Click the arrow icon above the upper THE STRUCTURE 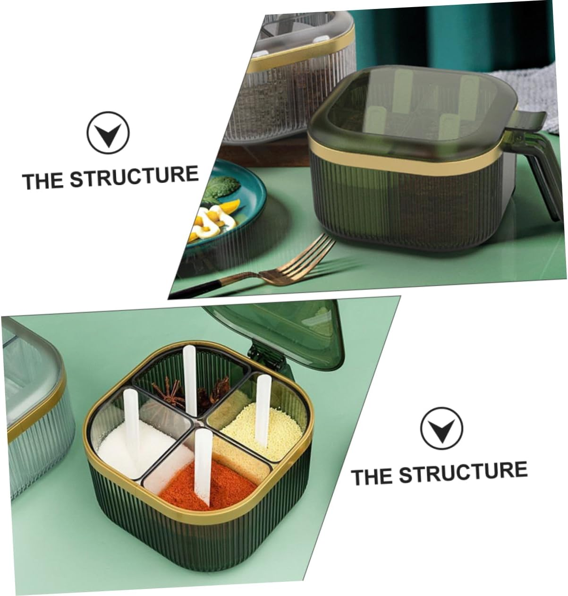(108, 133)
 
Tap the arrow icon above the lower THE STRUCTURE (441, 429)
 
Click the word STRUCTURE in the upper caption (134, 177)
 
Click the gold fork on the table (283, 269)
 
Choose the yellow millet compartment (262, 425)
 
